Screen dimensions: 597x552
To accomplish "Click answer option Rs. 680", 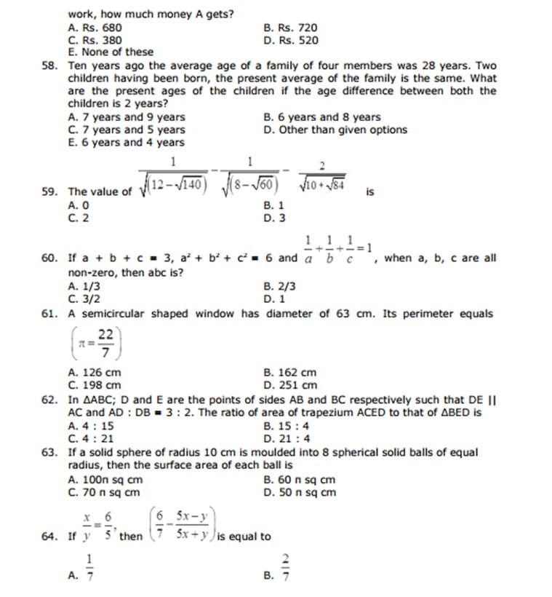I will [x=91, y=28].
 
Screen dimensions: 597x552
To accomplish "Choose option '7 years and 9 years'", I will [x=126, y=117].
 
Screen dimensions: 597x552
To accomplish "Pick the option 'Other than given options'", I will [x=335, y=130].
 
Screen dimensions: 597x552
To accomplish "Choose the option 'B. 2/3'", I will [x=280, y=286].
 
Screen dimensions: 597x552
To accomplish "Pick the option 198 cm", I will [x=95, y=384].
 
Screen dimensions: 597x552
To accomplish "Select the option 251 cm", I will [x=291, y=384].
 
